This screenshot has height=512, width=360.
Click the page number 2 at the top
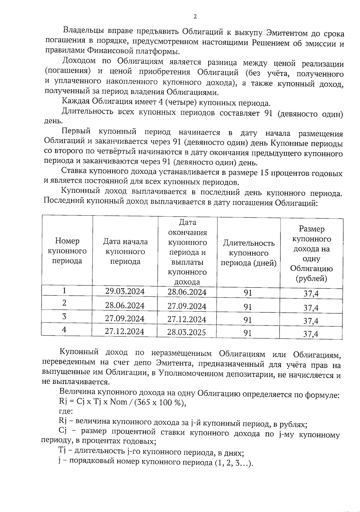click(195, 17)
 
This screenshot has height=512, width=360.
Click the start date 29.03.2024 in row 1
click(125, 291)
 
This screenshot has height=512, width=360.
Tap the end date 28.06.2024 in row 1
click(187, 292)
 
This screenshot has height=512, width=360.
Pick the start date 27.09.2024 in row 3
click(124, 318)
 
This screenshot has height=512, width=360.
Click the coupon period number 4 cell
click(64, 329)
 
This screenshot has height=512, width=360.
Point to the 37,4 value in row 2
click(311, 308)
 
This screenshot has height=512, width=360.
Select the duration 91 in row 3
click(247, 320)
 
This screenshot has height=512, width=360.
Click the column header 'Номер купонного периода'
click(67, 251)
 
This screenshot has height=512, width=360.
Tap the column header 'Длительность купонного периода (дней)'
click(249, 253)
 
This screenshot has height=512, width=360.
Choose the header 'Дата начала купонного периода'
click(125, 251)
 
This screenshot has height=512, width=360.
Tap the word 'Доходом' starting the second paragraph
click(79, 61)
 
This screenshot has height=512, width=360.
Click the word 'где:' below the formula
click(65, 412)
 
